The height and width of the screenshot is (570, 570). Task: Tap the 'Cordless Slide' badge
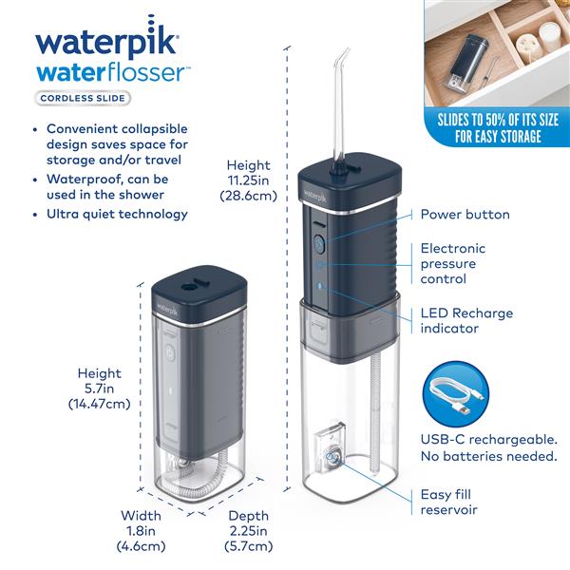[x=84, y=97]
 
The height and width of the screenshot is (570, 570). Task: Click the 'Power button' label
[x=465, y=215]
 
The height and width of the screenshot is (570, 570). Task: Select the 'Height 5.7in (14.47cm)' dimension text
[x=100, y=389]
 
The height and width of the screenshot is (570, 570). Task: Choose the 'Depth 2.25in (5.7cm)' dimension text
[x=248, y=531]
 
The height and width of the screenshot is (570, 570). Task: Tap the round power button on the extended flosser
[x=319, y=243]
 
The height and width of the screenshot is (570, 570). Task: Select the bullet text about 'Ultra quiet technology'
[x=118, y=214]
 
